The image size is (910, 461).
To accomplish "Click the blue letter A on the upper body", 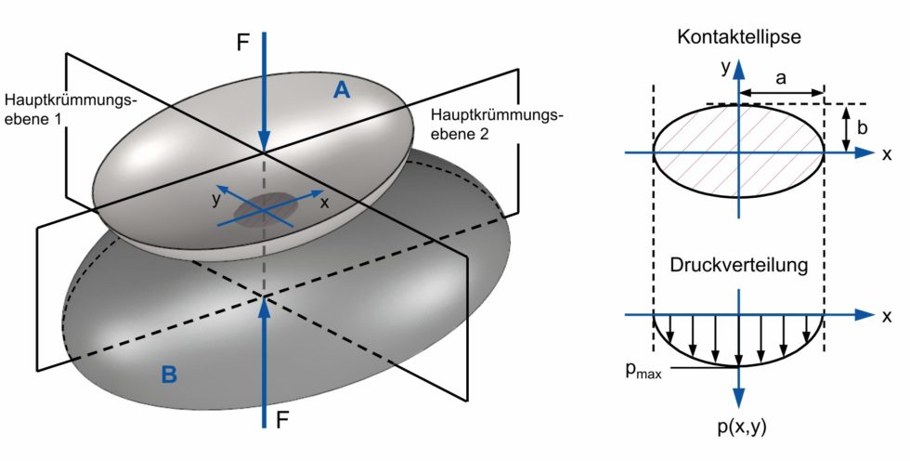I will pos(343,89).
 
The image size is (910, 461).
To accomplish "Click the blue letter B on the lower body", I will pos(169,375).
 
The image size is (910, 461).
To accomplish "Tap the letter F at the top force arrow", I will pos(243,43).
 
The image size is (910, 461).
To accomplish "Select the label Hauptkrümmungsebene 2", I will pos(496,123).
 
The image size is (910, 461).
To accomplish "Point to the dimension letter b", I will pos(861,128).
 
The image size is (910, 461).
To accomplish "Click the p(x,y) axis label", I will pos(740,428).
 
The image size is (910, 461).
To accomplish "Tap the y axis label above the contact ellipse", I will pos(722,66).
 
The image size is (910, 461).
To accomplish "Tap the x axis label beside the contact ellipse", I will pos(887,154).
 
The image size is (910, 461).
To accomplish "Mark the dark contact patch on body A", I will pos(266,212).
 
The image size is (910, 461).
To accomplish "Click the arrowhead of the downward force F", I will pos(265,139).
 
